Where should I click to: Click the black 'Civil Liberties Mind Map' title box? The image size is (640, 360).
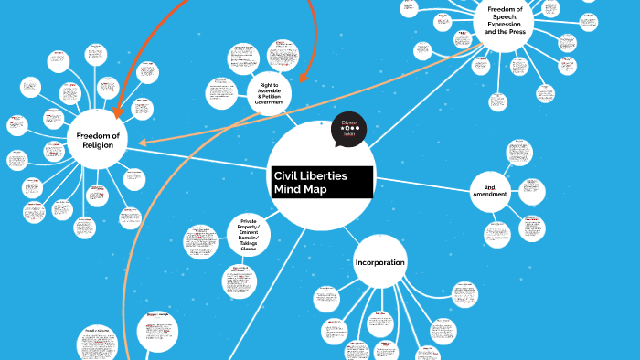pyautogui.click(x=323, y=182)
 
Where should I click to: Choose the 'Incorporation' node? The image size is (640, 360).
pyautogui.click(x=379, y=262)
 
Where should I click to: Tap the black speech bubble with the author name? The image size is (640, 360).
pyautogui.click(x=348, y=130)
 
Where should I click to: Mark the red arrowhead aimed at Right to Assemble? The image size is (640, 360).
pyautogui.click(x=302, y=80)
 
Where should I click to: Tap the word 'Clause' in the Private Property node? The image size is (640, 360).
pyautogui.click(x=249, y=249)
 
